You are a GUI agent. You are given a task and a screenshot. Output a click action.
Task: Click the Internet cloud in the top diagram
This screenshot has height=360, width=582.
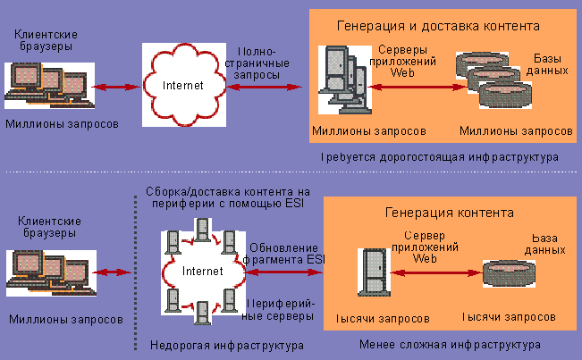183,85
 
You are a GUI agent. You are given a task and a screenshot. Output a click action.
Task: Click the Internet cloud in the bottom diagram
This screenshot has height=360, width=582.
202,270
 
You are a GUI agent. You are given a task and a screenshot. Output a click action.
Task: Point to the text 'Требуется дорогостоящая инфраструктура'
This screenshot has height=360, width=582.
440,156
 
